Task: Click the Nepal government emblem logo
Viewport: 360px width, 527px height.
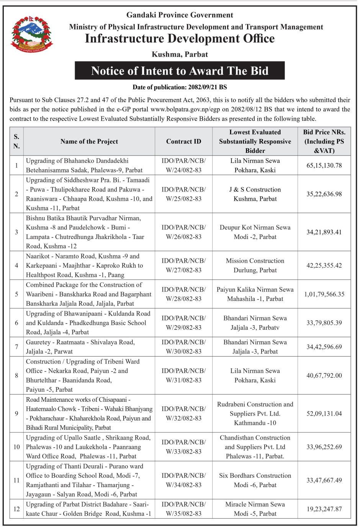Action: pos(31,34)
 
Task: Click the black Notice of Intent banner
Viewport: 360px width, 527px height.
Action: pos(180,71)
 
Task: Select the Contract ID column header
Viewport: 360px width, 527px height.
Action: pos(183,141)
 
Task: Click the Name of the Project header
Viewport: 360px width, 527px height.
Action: pos(89,141)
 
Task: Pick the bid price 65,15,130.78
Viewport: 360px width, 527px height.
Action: pos(324,165)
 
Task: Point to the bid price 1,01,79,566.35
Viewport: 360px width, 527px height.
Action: pos(324,294)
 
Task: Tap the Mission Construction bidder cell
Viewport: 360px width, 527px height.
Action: pos(255,265)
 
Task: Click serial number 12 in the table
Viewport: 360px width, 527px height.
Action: pos(16,509)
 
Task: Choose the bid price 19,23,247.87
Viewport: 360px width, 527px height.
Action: pos(324,509)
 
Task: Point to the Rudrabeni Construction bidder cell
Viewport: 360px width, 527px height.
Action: pos(255,414)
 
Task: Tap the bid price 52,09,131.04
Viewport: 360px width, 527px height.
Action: pos(324,414)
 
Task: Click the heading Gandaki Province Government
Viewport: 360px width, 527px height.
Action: pos(180,15)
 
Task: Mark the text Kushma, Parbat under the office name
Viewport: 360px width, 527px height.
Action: pos(180,54)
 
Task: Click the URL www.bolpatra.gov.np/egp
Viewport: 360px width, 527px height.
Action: pos(185,110)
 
